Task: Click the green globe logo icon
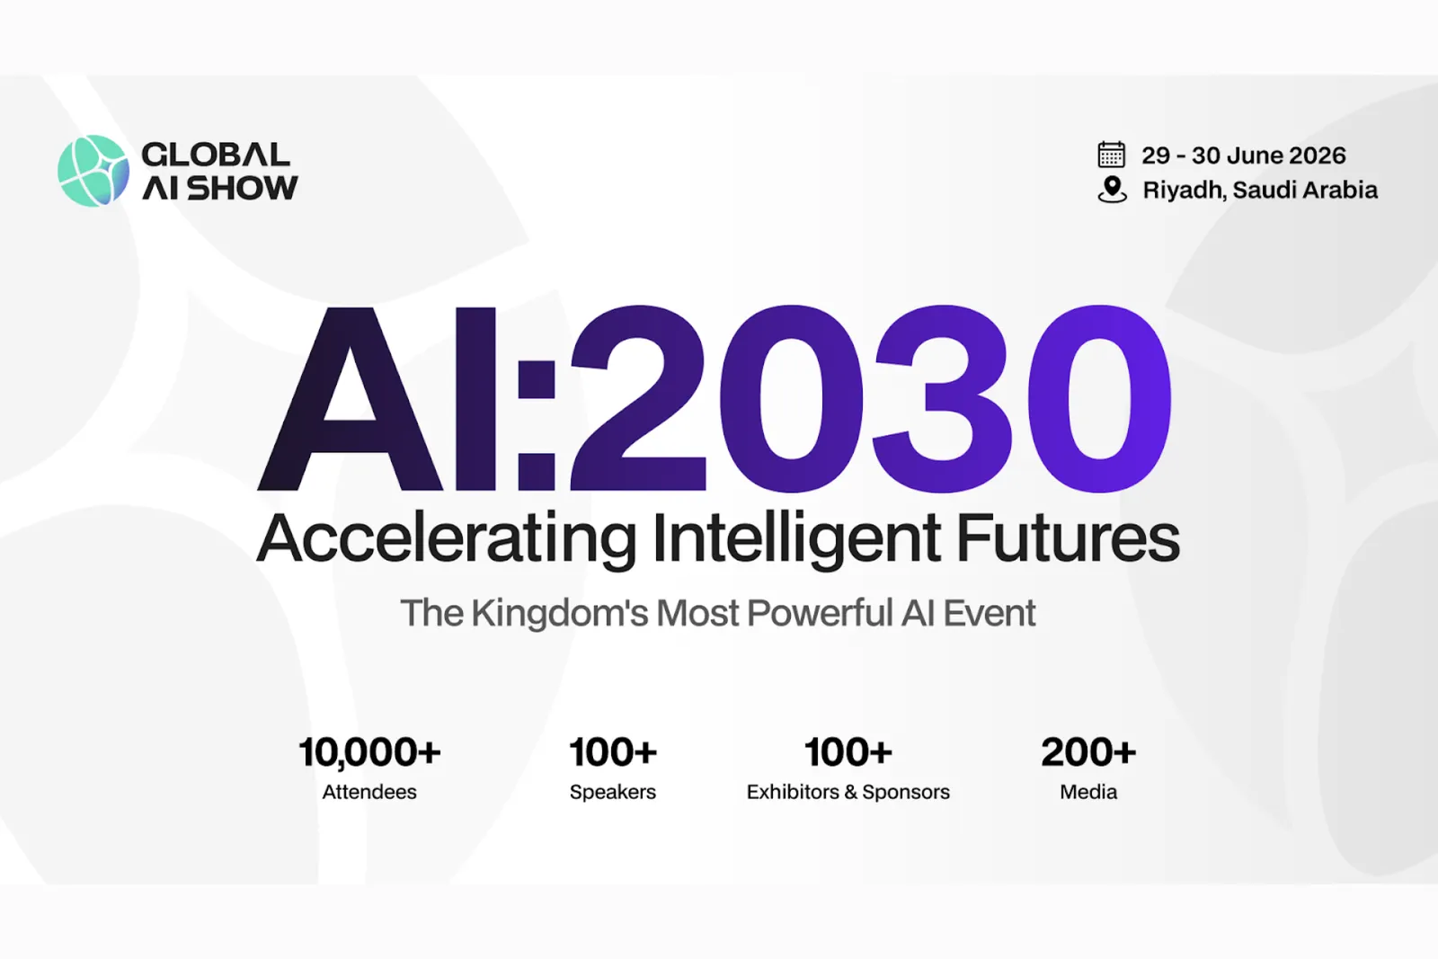click(93, 171)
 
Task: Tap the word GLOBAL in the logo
click(216, 155)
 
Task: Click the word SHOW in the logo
click(243, 188)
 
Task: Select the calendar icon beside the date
click(1111, 155)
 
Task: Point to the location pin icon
click(1112, 190)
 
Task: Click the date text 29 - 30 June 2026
click(1244, 155)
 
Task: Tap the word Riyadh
click(1184, 191)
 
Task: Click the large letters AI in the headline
click(377, 399)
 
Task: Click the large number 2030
click(871, 399)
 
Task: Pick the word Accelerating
click(447, 539)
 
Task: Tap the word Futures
click(1068, 537)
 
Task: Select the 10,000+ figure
click(369, 752)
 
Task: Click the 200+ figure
click(1088, 752)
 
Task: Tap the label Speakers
click(612, 793)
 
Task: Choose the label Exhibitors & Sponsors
click(848, 793)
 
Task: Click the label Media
click(1088, 792)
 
